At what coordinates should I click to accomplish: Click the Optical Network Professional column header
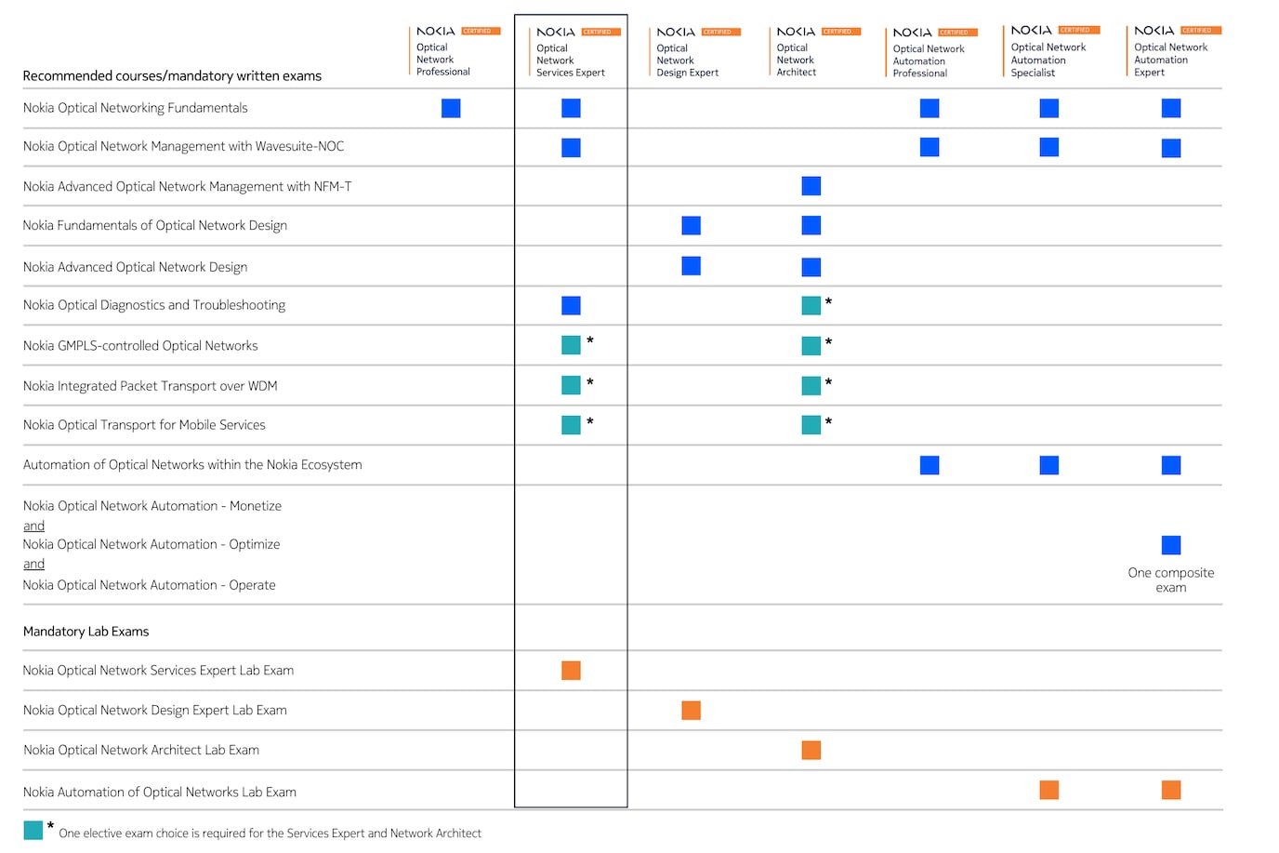tap(443, 59)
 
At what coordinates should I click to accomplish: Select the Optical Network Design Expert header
tap(688, 60)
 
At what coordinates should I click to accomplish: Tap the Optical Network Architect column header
tap(797, 60)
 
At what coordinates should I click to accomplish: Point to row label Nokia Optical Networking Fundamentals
tap(136, 108)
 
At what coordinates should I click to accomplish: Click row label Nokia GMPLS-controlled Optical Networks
tap(140, 346)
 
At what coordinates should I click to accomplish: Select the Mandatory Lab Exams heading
tap(86, 632)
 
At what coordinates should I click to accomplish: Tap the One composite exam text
tap(1170, 580)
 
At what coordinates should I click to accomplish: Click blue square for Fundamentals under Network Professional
tap(451, 109)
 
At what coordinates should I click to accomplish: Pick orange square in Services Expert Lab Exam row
tap(571, 671)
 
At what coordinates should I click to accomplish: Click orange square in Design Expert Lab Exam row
tap(691, 711)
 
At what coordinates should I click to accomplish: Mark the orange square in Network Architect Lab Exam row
tap(811, 751)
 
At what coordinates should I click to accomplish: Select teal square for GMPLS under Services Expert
tap(571, 345)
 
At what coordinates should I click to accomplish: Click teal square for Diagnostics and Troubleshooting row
tap(811, 305)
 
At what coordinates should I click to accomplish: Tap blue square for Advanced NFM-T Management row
tap(811, 186)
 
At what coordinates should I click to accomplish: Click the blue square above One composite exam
tap(1171, 545)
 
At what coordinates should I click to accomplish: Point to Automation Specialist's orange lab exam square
tap(1049, 791)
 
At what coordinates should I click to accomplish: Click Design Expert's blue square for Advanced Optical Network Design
tap(691, 266)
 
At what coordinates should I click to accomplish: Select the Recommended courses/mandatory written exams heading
tap(172, 76)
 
